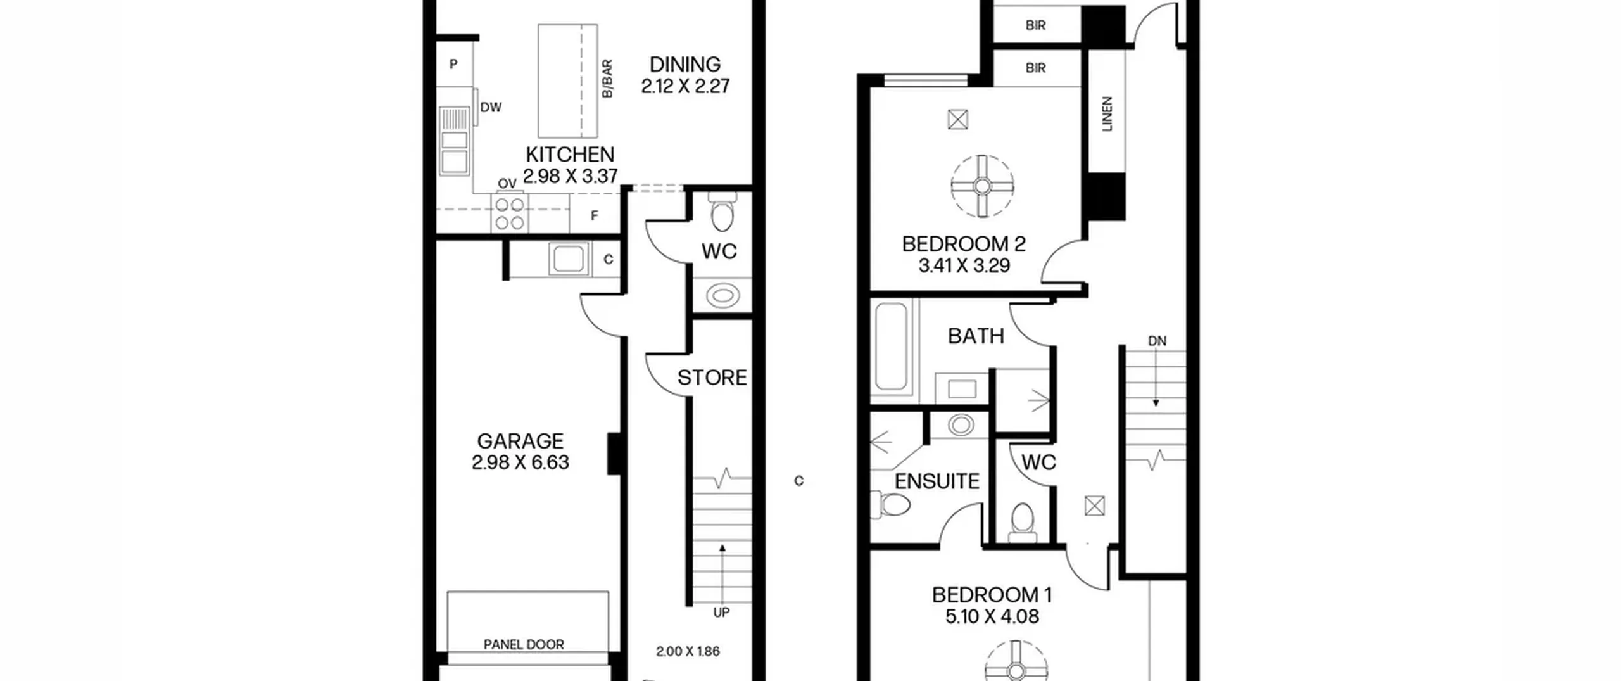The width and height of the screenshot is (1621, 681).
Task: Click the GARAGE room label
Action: click(x=520, y=441)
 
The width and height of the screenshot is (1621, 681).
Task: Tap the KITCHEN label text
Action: click(x=570, y=155)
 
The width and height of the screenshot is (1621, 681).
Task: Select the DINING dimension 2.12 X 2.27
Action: click(x=685, y=86)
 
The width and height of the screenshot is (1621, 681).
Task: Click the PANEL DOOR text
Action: click(x=524, y=644)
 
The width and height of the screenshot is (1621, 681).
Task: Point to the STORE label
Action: click(x=712, y=378)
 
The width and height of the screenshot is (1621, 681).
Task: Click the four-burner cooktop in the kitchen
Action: click(x=510, y=213)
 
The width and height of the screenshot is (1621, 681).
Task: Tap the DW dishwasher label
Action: click(x=491, y=108)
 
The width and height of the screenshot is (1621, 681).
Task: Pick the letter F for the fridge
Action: click(x=595, y=216)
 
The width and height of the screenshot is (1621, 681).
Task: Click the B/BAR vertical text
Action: click(x=607, y=79)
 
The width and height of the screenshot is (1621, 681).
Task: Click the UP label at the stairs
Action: click(x=721, y=613)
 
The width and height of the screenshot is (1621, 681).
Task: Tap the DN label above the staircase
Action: click(x=1157, y=341)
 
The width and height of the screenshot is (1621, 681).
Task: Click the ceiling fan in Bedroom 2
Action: click(x=982, y=186)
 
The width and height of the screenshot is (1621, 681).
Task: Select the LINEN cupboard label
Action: click(x=1107, y=114)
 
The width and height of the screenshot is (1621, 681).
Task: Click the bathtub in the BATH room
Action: click(x=891, y=346)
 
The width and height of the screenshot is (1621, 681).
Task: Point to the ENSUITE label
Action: click(x=937, y=481)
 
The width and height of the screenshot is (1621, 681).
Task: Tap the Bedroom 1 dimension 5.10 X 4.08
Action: click(x=992, y=617)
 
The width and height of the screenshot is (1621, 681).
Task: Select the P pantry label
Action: click(x=453, y=64)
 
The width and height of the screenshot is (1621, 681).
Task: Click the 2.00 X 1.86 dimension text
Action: click(x=688, y=651)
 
